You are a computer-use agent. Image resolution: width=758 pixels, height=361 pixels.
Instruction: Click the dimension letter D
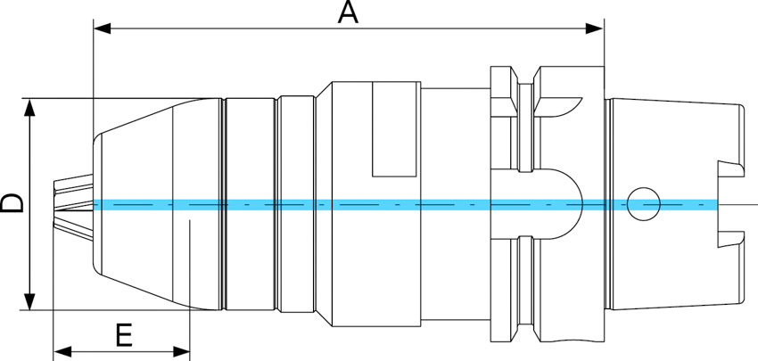12,204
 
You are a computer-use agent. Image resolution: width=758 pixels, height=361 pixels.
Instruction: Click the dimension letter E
124,336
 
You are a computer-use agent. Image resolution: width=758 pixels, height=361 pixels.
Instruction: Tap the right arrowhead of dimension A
595,29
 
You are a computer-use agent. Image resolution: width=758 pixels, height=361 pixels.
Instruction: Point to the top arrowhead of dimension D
31,107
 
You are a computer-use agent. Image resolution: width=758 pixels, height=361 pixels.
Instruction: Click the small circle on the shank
643,204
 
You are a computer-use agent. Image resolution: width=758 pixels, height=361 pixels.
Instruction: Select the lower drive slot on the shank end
731,238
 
